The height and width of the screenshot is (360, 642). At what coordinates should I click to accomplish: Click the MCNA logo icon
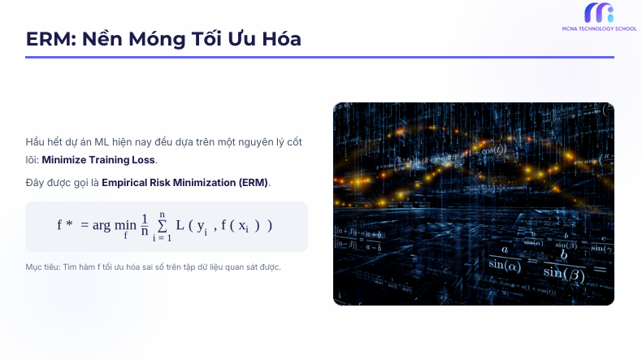[598, 13]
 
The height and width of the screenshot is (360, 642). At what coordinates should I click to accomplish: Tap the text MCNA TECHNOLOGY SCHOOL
[598, 28]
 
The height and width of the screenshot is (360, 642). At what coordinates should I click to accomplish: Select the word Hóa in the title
[280, 38]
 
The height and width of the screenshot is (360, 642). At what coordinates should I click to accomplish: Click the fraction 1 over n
[145, 225]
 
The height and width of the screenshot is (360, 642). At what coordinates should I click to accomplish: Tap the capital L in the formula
[180, 225]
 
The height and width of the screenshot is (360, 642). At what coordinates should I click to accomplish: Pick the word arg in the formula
[101, 226]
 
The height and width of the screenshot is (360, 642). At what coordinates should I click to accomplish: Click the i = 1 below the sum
[162, 237]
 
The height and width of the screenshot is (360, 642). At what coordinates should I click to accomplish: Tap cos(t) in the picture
[492, 150]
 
